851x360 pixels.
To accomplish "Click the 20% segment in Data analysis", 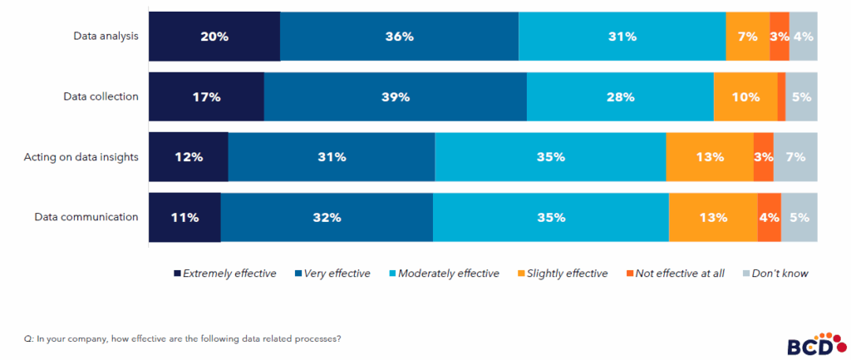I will [x=214, y=37].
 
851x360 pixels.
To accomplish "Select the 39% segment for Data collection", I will [x=395, y=96].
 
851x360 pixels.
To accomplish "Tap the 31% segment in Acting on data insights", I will [x=332, y=156].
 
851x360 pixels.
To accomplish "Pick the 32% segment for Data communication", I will [x=327, y=217].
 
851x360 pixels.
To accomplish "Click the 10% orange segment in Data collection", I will [x=745, y=96].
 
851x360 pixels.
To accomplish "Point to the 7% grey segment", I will [x=795, y=156].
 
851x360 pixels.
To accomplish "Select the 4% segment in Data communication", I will [x=769, y=217].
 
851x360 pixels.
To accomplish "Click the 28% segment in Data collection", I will [x=620, y=96].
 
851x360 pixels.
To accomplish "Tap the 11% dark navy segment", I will [x=184, y=217].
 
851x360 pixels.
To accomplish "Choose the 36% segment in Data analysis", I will [x=399, y=37].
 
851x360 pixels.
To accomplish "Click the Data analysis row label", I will [x=105, y=36].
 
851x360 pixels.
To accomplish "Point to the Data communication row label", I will [x=86, y=217].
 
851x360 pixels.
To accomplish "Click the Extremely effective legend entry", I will [x=224, y=273].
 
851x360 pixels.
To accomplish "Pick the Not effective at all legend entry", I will [x=676, y=273].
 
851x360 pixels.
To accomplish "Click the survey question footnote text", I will [x=183, y=338].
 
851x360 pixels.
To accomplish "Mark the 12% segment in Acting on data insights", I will [x=189, y=156].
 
